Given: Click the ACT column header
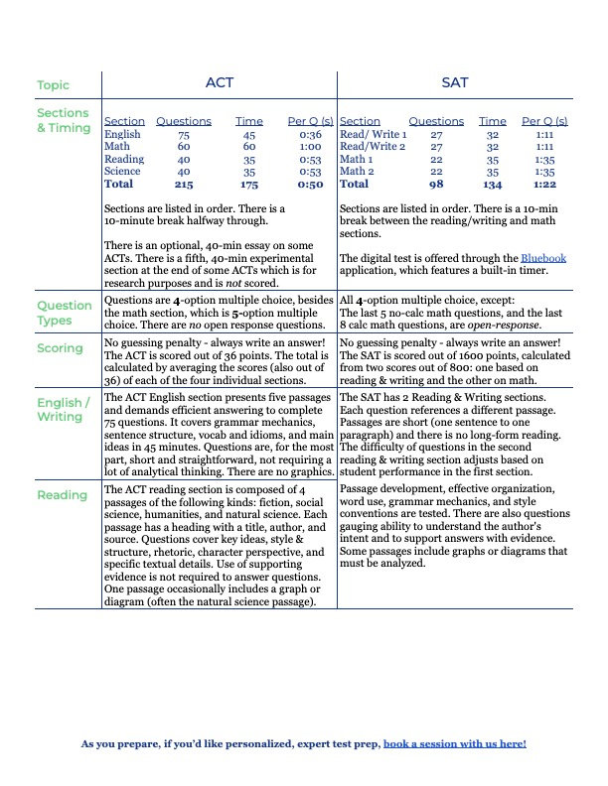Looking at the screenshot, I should [219, 82].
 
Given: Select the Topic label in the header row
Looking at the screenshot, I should [53, 85].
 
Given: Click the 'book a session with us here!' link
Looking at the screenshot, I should [454, 743].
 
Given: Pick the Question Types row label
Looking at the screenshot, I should [65, 314].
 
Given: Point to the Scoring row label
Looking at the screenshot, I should [61, 348].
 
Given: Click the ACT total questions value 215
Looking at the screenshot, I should [184, 184].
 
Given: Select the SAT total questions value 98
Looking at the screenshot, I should [436, 184].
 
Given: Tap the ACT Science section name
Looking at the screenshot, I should [122, 171].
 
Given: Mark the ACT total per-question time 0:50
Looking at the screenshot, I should [310, 184].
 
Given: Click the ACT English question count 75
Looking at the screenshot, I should [184, 134].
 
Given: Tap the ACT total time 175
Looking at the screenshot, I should [249, 184].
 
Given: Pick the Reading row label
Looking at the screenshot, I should [61, 494].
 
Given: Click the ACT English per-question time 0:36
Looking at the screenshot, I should [310, 134].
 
